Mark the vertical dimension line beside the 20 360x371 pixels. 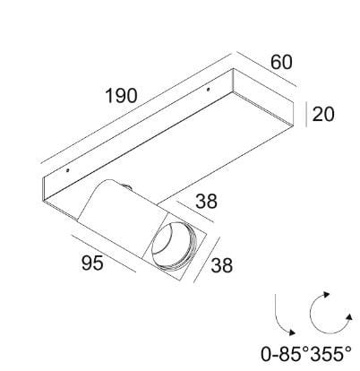308,115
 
